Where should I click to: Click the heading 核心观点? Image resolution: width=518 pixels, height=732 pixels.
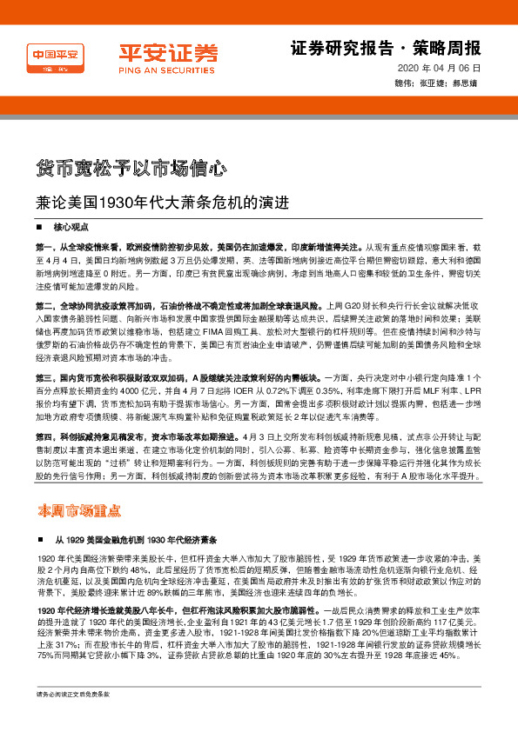tap(71, 225)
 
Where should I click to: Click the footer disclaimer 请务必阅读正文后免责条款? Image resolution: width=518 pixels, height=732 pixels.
tap(73, 719)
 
